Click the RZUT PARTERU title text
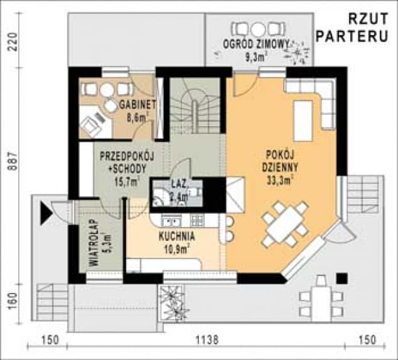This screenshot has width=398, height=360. coord(355,28)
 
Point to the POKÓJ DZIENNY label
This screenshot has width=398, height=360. coord(279,160)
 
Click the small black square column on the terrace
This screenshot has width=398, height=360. coord(342,278)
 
